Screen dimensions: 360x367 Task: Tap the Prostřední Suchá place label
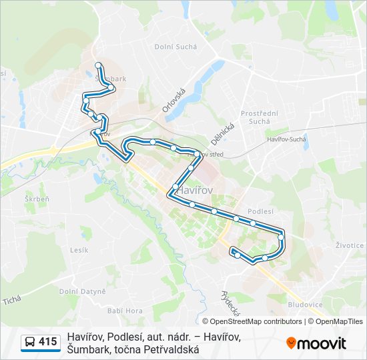pyautogui.click(x=256, y=117)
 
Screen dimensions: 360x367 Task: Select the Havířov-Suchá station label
pyautogui.click(x=286, y=139)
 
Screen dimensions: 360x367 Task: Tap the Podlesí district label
pyautogui.click(x=261, y=211)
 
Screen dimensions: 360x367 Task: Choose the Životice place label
pyautogui.click(x=350, y=245)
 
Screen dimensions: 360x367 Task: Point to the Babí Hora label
pyautogui.click(x=125, y=311)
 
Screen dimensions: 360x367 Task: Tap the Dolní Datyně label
pyautogui.click(x=82, y=291)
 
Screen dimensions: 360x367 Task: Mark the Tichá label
pyautogui.click(x=12, y=299)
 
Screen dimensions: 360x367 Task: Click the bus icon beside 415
pyautogui.click(x=30, y=342)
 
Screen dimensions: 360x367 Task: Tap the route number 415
pyautogui.click(x=47, y=342)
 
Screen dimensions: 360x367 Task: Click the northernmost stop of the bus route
pyautogui.click(x=99, y=65)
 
